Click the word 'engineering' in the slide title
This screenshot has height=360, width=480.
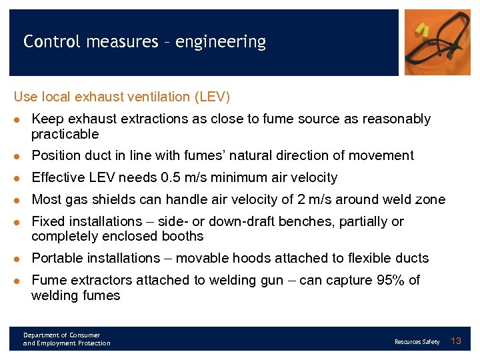[221, 43]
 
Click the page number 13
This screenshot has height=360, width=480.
[457, 341]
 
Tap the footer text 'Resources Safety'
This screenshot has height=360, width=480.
[417, 342]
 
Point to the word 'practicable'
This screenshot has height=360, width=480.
[65, 134]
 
